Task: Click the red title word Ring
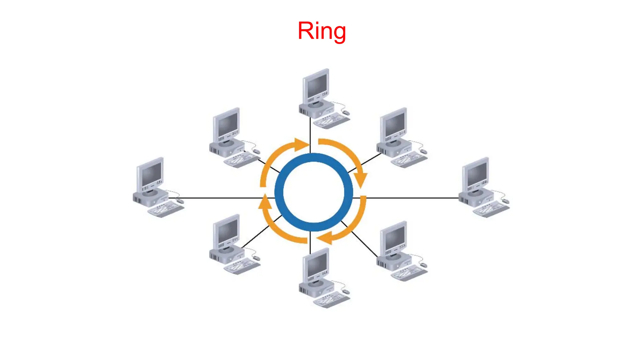click(321, 31)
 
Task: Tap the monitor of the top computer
click(317, 85)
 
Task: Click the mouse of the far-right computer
click(505, 201)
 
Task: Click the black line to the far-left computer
click(220, 198)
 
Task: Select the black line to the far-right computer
click(412, 198)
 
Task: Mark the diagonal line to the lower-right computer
click(365, 244)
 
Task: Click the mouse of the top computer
click(346, 112)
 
